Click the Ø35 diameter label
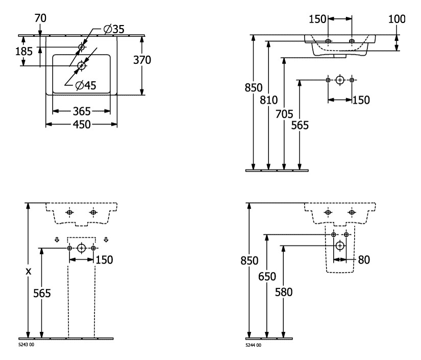(x=113, y=30)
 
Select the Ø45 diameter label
(x=85, y=85)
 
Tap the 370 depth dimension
(x=142, y=60)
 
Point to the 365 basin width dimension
(x=82, y=111)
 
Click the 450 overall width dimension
(x=82, y=124)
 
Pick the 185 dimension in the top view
(x=23, y=51)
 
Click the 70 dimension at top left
(x=40, y=18)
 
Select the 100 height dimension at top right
(x=397, y=19)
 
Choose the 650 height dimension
(x=266, y=277)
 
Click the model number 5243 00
(x=26, y=345)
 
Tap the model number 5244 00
(x=253, y=345)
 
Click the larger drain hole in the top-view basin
(x=81, y=66)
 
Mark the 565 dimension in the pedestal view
(x=42, y=293)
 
